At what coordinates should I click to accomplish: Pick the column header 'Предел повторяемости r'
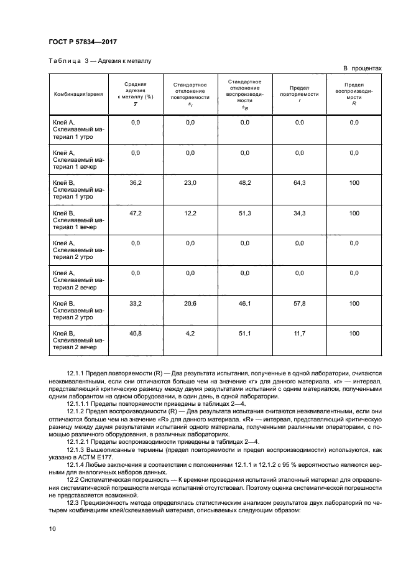coord(299,94)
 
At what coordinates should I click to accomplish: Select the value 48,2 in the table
coord(245,182)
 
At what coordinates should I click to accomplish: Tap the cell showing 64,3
coord(299,182)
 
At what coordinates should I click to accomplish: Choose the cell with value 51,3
coord(245,213)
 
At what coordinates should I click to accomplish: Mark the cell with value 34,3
coord(299,213)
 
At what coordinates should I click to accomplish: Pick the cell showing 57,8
coord(299,303)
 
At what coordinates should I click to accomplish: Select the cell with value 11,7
coord(299,334)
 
